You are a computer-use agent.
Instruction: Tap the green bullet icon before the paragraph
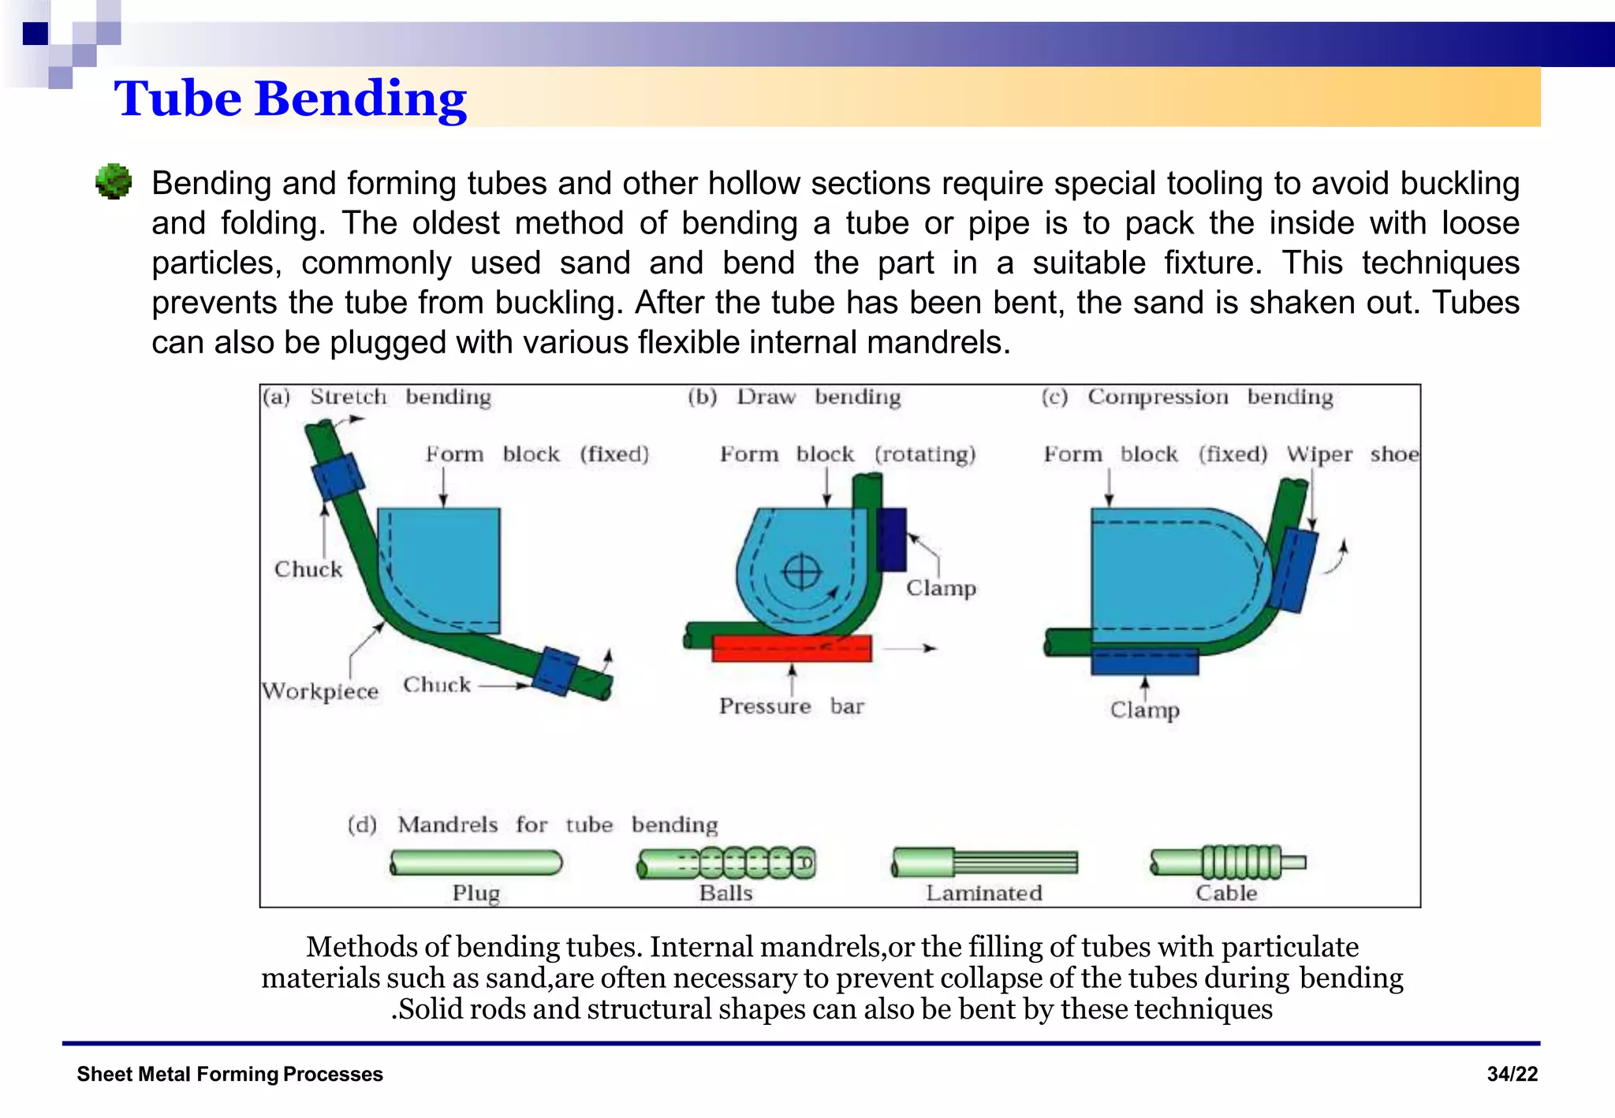(x=114, y=182)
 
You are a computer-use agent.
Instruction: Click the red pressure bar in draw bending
(x=792, y=648)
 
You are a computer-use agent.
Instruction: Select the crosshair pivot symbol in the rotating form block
(x=802, y=572)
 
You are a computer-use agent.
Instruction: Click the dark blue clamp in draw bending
(x=892, y=539)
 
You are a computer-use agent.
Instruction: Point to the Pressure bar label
(x=791, y=706)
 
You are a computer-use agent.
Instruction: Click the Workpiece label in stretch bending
(x=320, y=691)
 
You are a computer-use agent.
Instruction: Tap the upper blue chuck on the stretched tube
(x=338, y=476)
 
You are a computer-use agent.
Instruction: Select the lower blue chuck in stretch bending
(x=556, y=671)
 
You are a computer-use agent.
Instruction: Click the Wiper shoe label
(x=1352, y=454)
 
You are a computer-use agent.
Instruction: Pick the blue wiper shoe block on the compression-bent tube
(x=1293, y=570)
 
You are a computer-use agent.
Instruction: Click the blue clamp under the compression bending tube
(x=1144, y=661)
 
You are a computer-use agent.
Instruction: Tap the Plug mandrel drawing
(x=476, y=863)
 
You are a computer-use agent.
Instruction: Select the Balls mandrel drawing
(x=726, y=863)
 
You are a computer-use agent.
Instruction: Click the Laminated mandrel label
(x=983, y=893)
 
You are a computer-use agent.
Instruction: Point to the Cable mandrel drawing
(x=1227, y=862)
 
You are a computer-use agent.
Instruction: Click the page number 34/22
(x=1512, y=1074)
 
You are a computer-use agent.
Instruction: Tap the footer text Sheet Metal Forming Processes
(x=229, y=1074)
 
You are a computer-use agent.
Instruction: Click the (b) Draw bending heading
(x=793, y=397)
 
